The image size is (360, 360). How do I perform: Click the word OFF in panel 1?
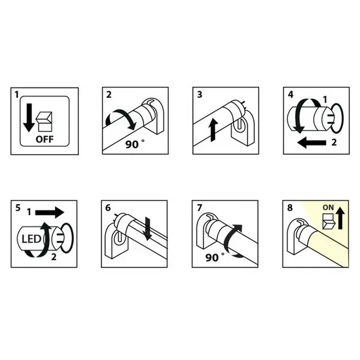(45, 139)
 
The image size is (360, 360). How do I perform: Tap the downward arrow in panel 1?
(29, 117)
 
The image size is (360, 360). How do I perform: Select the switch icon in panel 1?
(44, 122)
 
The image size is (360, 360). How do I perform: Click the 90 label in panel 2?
(132, 144)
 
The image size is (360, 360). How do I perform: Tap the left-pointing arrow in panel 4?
(312, 143)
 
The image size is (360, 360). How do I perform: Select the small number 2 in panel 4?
(334, 142)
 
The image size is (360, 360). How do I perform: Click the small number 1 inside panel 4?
(325, 100)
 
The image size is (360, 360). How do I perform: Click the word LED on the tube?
(31, 239)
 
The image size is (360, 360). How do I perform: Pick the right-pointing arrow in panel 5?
(50, 212)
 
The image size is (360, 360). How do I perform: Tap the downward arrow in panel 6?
(147, 229)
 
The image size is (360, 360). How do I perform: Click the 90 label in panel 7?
(211, 257)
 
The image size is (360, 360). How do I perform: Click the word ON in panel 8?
(328, 208)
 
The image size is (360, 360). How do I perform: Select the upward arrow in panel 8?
(340, 218)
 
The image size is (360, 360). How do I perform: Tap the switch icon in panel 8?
(329, 221)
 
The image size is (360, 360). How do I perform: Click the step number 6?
(108, 208)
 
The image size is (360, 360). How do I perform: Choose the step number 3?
(200, 94)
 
